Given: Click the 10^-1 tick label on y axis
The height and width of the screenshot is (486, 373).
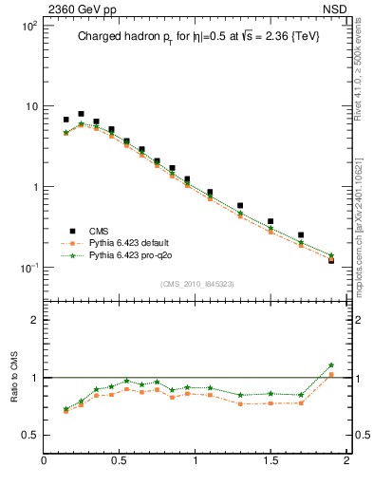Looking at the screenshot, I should point(27,268).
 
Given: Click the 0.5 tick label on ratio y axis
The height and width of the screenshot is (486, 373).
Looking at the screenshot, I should point(29,435).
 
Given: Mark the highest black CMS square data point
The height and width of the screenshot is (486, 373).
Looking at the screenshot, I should point(81,114).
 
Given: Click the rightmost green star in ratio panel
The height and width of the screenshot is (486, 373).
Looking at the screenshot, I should point(331,365).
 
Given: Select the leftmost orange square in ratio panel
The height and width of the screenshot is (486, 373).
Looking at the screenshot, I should point(65,411).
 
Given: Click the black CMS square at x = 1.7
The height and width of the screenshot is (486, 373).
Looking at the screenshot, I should point(301,234).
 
